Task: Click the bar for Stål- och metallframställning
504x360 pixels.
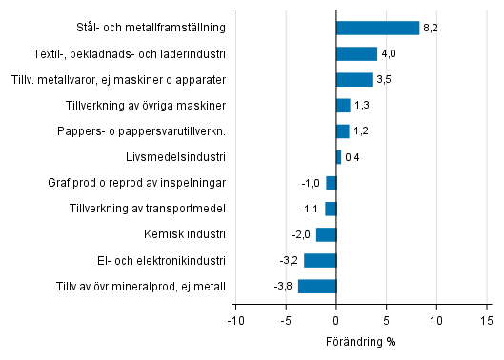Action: tap(377, 28)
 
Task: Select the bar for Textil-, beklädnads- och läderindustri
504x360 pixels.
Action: tap(356, 53)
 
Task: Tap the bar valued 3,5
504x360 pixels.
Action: tap(353, 79)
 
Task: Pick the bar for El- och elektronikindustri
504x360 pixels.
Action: tap(320, 260)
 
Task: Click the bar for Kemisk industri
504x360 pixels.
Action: tap(326, 234)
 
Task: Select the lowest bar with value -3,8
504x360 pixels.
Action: tap(317, 286)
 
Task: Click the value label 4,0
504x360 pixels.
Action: tap(388, 54)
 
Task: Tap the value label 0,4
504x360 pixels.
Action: tap(352, 157)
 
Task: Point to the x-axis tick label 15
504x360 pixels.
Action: tap(487, 321)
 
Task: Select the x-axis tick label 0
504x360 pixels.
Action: tap(336, 321)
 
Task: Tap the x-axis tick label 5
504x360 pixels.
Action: tap(387, 321)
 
